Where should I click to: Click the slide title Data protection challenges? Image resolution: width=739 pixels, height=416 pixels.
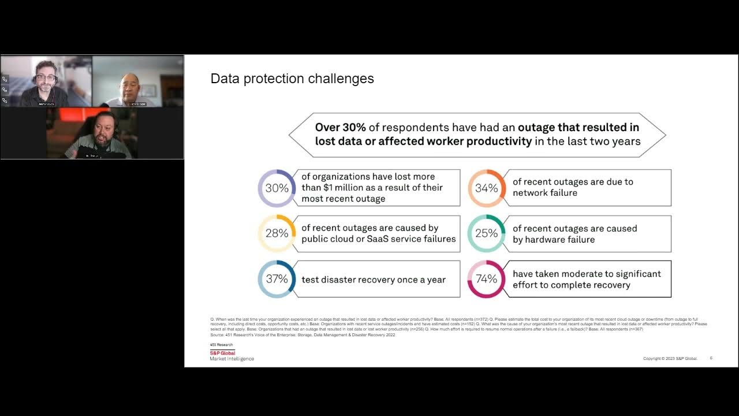tap(292, 79)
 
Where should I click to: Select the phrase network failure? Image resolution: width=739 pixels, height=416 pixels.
tap(544, 193)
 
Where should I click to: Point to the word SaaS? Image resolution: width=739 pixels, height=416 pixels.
tap(378, 239)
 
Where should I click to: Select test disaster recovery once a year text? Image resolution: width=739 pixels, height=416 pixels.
tap(373, 280)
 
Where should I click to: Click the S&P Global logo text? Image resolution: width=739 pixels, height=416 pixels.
tap(222, 352)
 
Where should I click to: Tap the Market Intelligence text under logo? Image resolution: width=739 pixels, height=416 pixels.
tap(232, 359)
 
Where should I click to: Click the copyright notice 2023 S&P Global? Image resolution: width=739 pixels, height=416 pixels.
tap(670, 359)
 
